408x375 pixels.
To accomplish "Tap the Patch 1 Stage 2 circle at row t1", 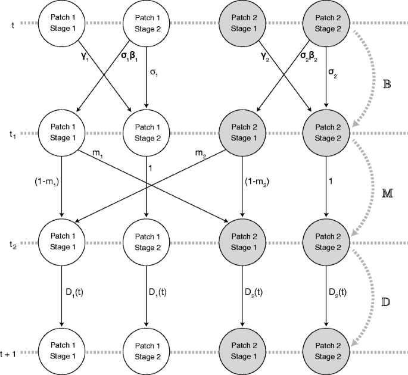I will pos(147,133).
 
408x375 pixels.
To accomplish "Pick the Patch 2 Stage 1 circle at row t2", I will pos(242,242).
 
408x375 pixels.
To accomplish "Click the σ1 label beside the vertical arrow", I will pos(154,74).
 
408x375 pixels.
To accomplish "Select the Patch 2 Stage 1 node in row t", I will pos(242,23).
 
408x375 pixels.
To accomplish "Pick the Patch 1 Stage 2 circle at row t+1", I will pos(147,352).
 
